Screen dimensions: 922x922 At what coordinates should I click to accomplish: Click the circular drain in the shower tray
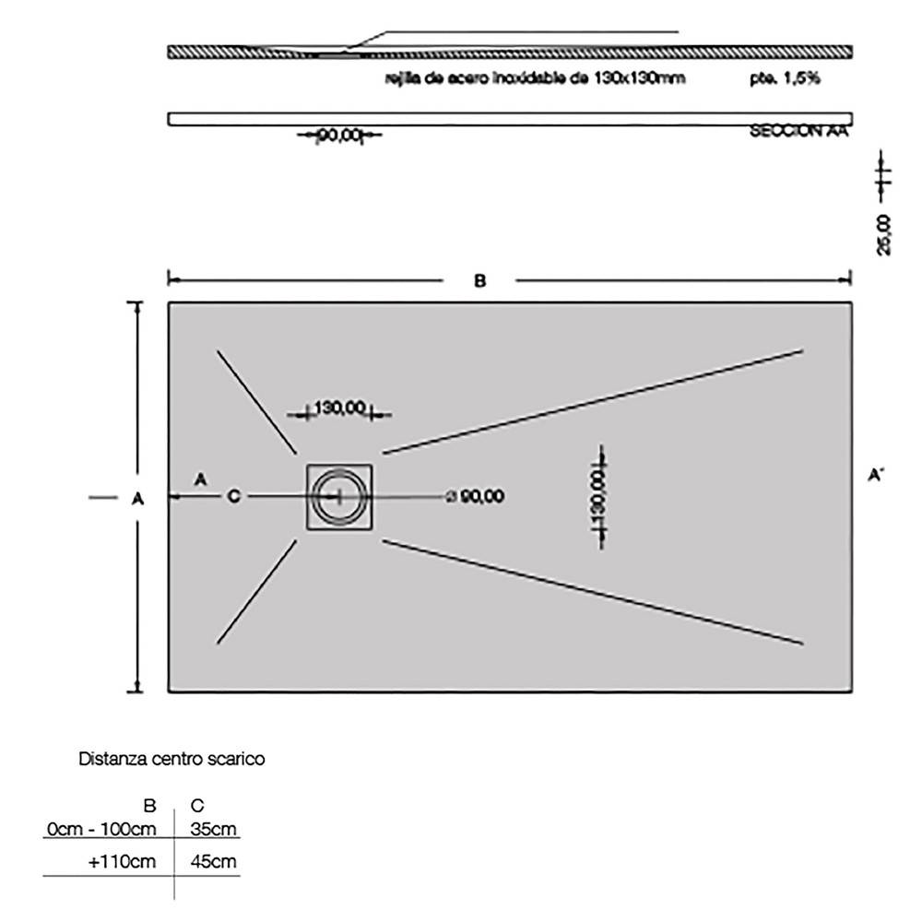click(x=337, y=497)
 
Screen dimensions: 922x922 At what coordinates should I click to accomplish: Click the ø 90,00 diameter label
click(x=475, y=497)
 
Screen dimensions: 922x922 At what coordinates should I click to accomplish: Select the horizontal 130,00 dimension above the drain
click(x=339, y=408)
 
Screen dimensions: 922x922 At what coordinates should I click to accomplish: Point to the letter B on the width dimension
click(x=479, y=280)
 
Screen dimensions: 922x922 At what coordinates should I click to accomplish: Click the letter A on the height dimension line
click(x=137, y=498)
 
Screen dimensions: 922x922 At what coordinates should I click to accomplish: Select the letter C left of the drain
click(x=233, y=497)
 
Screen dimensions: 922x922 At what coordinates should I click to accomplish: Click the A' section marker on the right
click(x=876, y=476)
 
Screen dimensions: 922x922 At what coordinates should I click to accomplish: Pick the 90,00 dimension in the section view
click(x=338, y=137)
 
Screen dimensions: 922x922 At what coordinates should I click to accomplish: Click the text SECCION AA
click(x=798, y=132)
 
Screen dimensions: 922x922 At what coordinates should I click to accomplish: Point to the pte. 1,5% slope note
click(x=785, y=79)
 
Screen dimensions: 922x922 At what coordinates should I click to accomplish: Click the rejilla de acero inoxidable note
click(x=535, y=79)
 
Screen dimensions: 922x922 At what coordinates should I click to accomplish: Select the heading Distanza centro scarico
click(x=172, y=760)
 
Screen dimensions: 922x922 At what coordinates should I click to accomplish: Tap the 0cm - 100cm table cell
click(x=101, y=828)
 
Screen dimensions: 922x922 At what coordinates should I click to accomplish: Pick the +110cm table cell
click(x=123, y=862)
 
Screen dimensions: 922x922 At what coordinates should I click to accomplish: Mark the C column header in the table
click(x=195, y=806)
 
